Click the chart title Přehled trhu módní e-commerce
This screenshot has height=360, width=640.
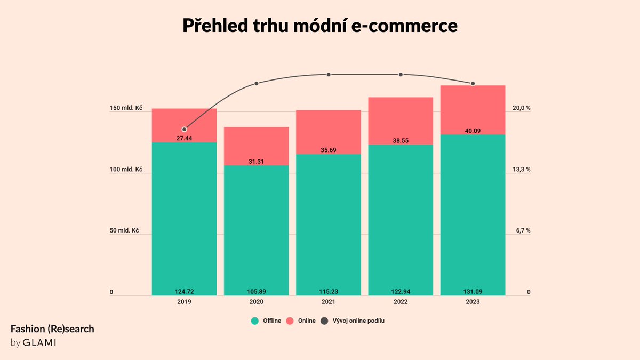pyautogui.click(x=320, y=26)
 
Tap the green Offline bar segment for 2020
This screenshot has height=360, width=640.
pyautogui.click(x=256, y=229)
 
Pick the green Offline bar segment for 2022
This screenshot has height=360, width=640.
pyautogui.click(x=401, y=219)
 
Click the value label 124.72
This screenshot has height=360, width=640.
pyautogui.click(x=184, y=291)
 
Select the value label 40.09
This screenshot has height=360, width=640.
pyautogui.click(x=473, y=131)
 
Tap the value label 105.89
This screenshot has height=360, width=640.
pyautogui.click(x=256, y=291)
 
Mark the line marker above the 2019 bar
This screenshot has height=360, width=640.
pyautogui.click(x=184, y=129)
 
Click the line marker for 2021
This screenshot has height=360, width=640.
pyautogui.click(x=329, y=74)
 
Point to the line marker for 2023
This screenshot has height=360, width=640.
pyautogui.click(x=473, y=83)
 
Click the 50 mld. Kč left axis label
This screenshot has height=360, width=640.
pyautogui.click(x=124, y=231)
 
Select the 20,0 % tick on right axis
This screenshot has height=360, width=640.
pyautogui.click(x=521, y=108)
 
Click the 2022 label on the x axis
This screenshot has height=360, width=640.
pyautogui.click(x=401, y=302)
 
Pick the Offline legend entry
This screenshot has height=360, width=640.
pyautogui.click(x=266, y=321)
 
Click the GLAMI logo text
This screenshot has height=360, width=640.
pyautogui.click(x=39, y=342)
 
